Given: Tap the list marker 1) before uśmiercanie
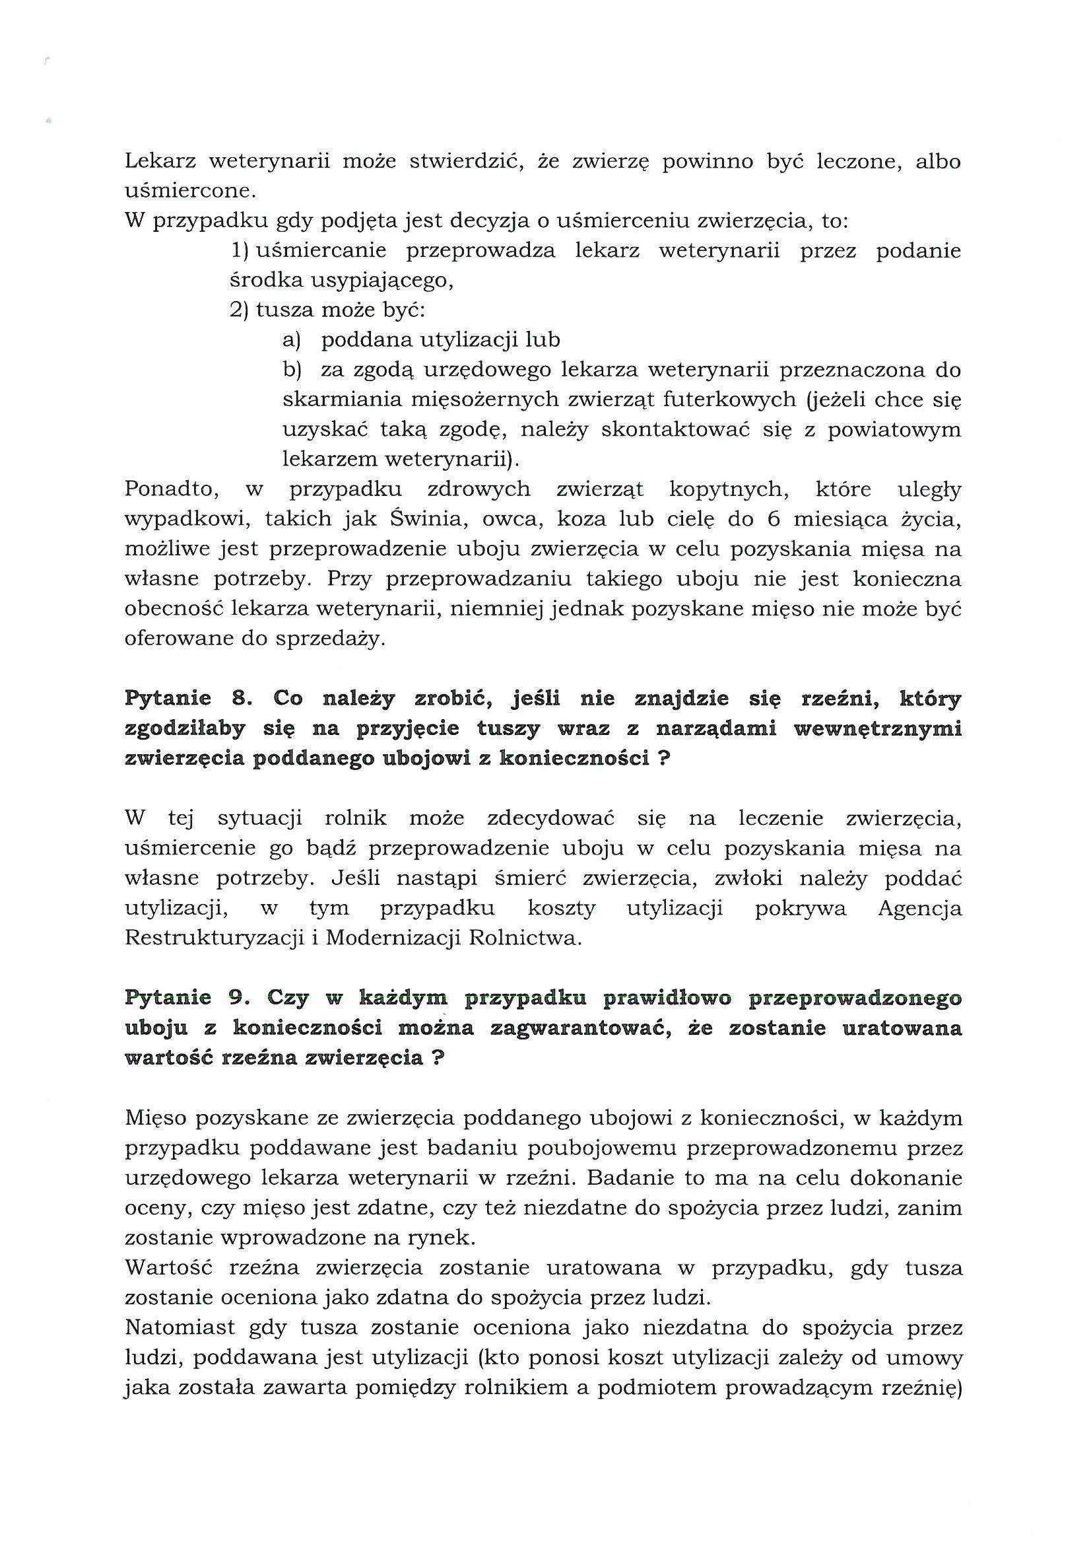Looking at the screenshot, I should click(x=240, y=251).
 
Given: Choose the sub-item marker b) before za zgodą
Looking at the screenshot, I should click(x=292, y=370).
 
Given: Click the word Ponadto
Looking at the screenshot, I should click(x=172, y=489).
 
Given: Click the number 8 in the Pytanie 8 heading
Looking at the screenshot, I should click(x=240, y=699).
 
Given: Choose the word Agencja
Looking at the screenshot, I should click(x=919, y=909).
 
